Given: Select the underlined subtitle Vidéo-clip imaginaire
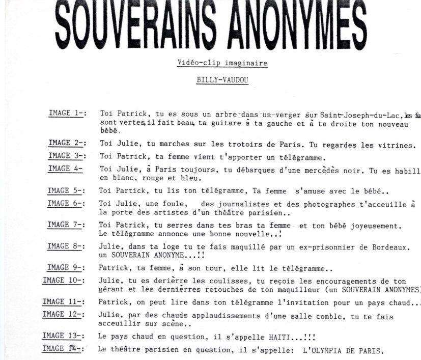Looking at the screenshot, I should [x=222, y=63].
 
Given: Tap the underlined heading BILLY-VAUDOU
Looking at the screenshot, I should [x=222, y=80].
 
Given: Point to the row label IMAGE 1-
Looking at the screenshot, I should [x=67, y=113].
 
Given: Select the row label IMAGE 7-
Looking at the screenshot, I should [x=66, y=225].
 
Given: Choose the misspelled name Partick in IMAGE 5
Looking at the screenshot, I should [x=132, y=191].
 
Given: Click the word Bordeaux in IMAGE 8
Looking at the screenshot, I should [x=390, y=247].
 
